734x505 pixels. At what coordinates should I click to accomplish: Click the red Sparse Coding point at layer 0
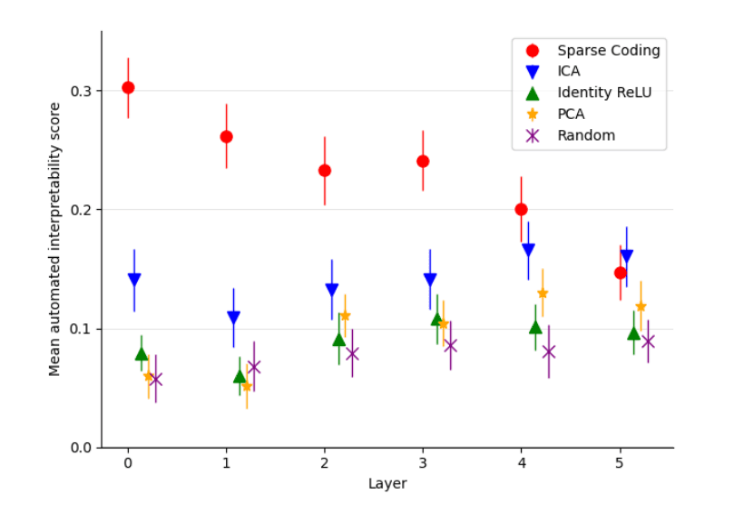pos(128,87)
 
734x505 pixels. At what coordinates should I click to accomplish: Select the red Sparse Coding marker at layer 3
pos(423,161)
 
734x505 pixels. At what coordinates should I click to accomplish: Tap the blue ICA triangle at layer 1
pos(233,318)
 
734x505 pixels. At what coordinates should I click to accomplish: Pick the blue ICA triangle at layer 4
pos(528,250)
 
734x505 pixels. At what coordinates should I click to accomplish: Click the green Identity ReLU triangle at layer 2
pos(338,340)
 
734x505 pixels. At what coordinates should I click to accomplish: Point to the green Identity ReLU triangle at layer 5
pos(633,333)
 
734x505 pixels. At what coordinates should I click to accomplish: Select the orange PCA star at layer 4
pos(543,293)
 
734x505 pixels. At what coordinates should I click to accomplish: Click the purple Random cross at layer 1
pos(254,367)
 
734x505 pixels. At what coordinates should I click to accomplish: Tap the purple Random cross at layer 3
pos(450,345)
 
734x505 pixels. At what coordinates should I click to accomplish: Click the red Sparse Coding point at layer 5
pos(620,272)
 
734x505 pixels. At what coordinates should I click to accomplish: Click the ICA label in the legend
pos(569,71)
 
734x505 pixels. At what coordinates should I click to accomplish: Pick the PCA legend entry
pos(571,114)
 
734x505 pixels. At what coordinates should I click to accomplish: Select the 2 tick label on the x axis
pos(325,462)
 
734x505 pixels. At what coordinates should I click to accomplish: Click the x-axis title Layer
pos(387,484)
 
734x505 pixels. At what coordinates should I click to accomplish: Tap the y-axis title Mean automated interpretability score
pos(55,239)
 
